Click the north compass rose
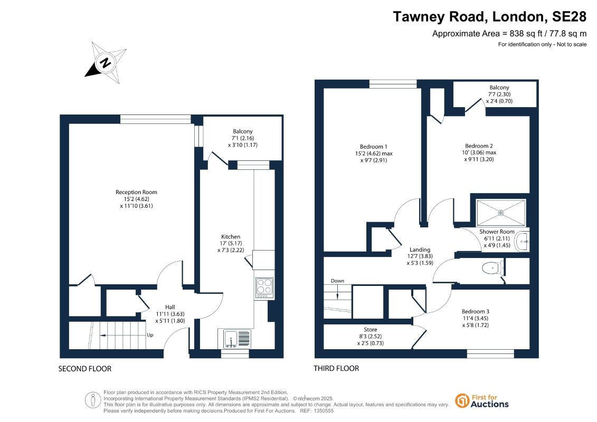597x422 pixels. click(106, 62)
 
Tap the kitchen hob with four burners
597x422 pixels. click(264, 287)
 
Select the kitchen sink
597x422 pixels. click(234, 339)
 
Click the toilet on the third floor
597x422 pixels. click(493, 268)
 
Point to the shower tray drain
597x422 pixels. click(501, 213)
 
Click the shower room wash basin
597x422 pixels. click(522, 241)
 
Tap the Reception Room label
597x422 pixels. click(136, 192)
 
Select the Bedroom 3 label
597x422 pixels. click(476, 311)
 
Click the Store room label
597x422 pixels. click(371, 330)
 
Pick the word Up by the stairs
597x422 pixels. click(150, 335)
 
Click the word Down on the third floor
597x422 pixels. click(337, 281)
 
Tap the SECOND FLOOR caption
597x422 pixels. click(85, 369)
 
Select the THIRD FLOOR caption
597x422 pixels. click(336, 368)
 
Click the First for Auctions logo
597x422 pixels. click(482, 401)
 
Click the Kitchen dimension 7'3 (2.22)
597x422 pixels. click(231, 250)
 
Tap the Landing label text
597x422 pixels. click(420, 250)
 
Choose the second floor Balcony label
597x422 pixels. click(243, 131)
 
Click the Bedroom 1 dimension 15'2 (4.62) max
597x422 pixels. click(374, 154)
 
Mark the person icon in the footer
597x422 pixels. click(93, 400)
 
